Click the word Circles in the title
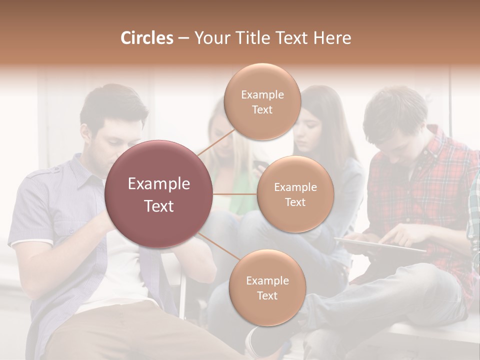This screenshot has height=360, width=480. click(147, 38)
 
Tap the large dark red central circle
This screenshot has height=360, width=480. click(159, 194)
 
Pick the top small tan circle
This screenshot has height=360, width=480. click(262, 101)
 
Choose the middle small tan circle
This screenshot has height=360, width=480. click(295, 194)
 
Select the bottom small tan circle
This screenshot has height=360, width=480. click(267, 287)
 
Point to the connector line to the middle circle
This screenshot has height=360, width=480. click(235, 194)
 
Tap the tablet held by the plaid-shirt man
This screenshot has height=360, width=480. click(380, 244)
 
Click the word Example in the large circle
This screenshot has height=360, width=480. click(159, 184)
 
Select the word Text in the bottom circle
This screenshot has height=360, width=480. click(267, 295)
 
